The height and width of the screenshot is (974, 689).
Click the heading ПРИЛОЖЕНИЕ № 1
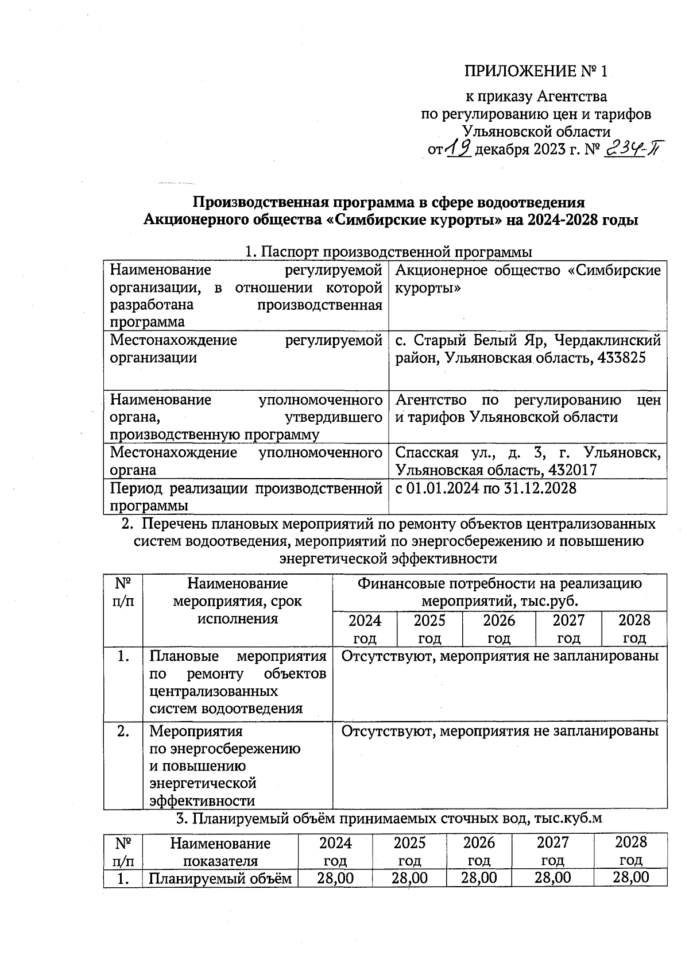(x=535, y=71)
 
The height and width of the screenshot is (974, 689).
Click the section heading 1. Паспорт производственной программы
(x=388, y=252)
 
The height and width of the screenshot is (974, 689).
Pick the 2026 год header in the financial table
(x=498, y=629)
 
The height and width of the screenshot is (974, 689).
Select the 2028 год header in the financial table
(x=634, y=629)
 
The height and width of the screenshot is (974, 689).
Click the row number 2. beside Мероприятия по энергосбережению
(x=123, y=731)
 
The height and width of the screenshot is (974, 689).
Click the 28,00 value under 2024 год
(x=335, y=877)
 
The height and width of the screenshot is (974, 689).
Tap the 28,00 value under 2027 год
(x=552, y=877)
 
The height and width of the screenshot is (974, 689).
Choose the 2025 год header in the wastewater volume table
(x=409, y=851)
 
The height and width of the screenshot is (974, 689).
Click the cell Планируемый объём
(x=220, y=878)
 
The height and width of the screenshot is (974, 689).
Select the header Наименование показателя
(x=220, y=852)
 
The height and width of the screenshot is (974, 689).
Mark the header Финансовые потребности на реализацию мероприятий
(x=500, y=592)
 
